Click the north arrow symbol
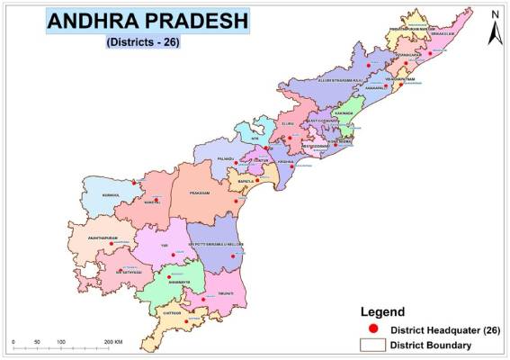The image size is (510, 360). click(x=494, y=29)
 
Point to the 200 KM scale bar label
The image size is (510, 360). click(x=113, y=343)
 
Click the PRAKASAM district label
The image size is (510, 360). click(x=200, y=192)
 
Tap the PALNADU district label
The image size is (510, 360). click(x=226, y=158)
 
